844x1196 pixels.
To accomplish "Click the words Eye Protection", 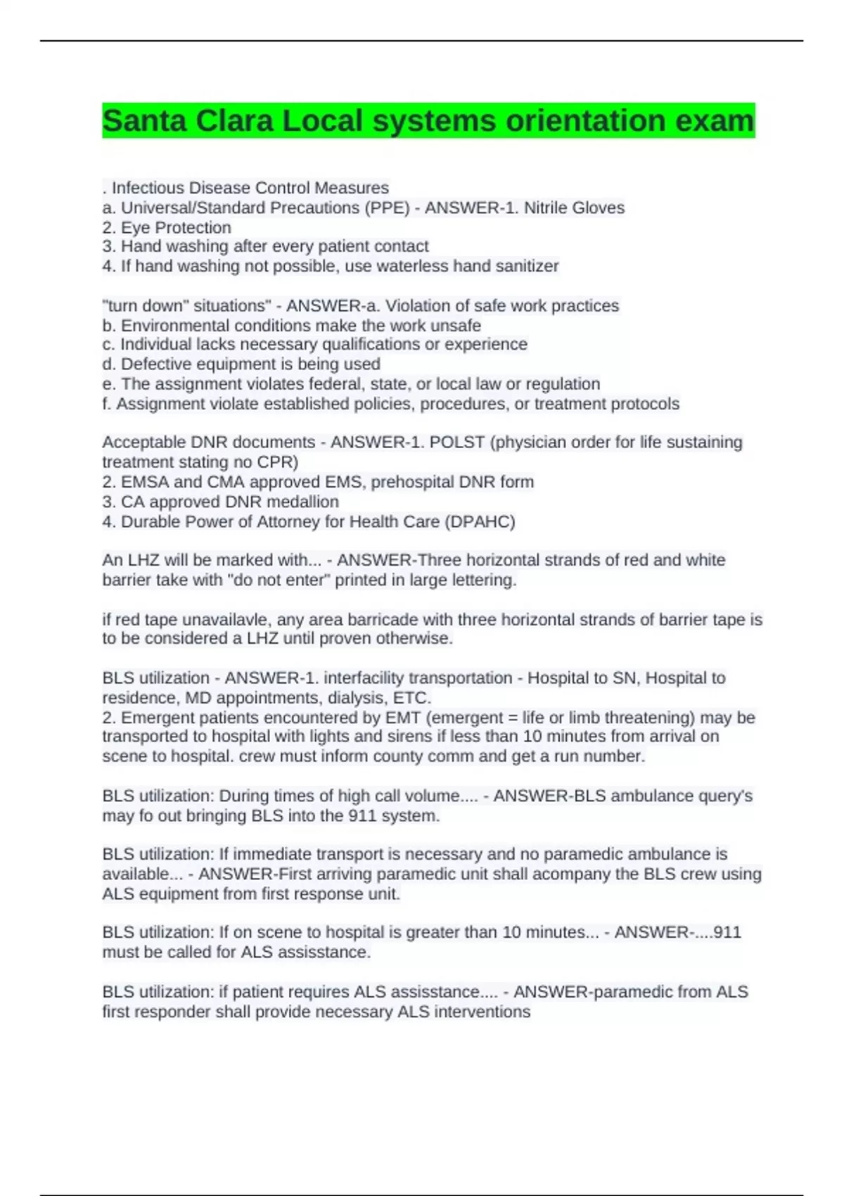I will pyautogui.click(x=176, y=227).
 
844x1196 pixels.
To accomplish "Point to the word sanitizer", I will pyautogui.click(x=527, y=266).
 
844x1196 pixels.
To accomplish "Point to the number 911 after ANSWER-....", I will pyautogui.click(x=727, y=932).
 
